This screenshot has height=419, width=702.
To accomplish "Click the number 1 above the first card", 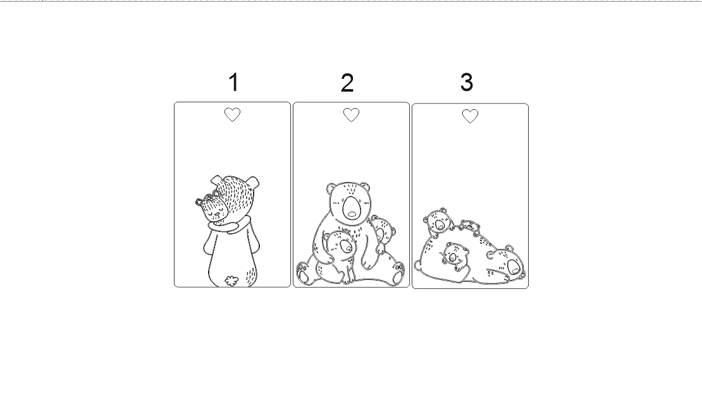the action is (234, 83).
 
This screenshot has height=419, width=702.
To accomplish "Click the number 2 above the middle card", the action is (347, 83).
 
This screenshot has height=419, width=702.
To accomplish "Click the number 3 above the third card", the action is (467, 82).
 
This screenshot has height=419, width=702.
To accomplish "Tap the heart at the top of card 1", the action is (232, 114).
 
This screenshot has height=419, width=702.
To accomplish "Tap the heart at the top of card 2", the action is (351, 115).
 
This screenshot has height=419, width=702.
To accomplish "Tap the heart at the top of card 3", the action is (470, 116).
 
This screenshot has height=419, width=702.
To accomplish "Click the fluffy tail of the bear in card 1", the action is (231, 281).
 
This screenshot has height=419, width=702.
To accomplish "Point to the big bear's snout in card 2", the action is (352, 207).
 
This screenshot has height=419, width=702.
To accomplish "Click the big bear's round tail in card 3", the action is (417, 265).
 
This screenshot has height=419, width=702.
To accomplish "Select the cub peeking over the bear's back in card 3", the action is (438, 222).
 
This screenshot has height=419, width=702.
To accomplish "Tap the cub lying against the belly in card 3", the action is (455, 256).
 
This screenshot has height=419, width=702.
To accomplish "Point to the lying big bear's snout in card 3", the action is (514, 267).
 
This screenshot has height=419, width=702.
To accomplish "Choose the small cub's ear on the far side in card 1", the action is (199, 202).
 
